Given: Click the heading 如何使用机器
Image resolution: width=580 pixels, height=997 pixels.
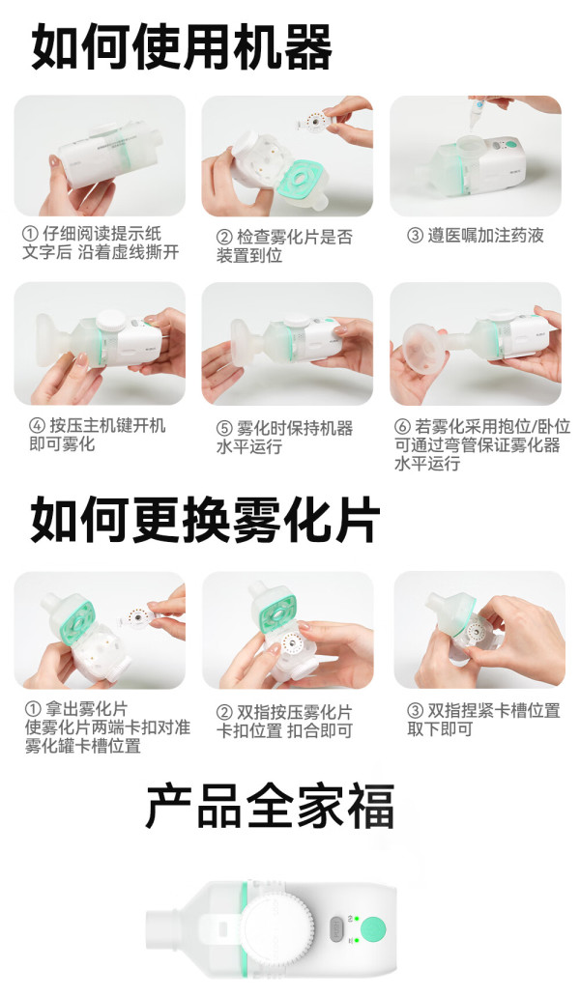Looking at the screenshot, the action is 182,47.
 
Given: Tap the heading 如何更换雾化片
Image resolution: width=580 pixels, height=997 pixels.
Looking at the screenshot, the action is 205,520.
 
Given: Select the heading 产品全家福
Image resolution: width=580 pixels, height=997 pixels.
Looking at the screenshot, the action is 271,806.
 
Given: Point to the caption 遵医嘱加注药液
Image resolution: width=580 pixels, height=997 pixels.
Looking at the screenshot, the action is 475,236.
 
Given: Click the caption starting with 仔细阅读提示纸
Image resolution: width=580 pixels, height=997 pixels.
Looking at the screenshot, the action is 101,242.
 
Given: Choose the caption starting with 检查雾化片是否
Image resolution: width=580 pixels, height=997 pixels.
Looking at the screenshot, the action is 284,246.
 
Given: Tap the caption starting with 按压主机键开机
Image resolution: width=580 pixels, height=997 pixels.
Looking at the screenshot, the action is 98,435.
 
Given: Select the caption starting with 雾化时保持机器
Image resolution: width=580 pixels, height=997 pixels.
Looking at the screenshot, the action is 284,438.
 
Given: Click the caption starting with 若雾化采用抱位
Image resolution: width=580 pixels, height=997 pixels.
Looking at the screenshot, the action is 482,444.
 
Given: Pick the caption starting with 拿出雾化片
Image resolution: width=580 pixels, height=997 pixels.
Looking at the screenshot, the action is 107,727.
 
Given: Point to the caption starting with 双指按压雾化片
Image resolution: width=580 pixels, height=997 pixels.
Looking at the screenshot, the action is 284,721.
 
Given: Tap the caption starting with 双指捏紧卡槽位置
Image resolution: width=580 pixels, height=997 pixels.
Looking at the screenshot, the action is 483,719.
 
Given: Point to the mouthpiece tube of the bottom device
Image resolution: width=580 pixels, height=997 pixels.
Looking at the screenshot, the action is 164,929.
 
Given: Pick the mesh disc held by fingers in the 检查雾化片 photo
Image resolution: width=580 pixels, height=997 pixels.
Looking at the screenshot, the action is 313,121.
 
